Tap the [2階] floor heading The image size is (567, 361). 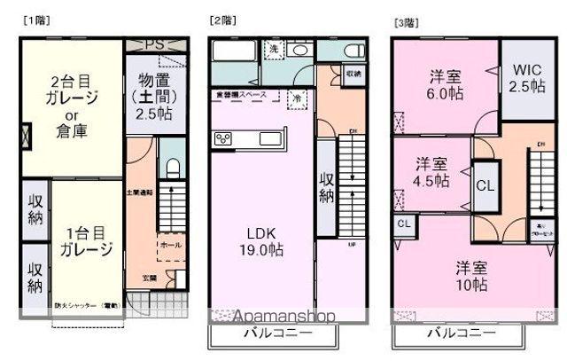coord(221,20)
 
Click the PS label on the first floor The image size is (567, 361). coord(154,43)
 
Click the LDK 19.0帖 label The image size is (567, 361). coord(263,242)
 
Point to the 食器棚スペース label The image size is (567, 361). coord(243,93)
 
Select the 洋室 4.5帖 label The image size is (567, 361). coord(432,172)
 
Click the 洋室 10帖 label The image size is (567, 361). coord(471,275)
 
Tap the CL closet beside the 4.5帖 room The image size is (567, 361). coord(485,185)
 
